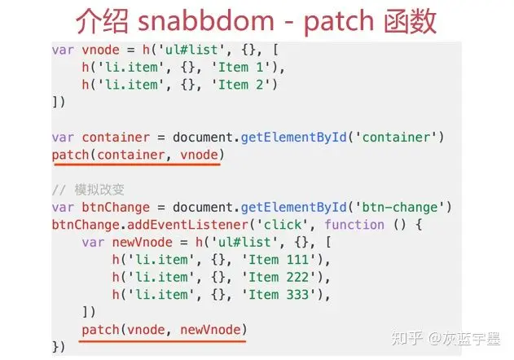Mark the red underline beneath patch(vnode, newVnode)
click(163, 340)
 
